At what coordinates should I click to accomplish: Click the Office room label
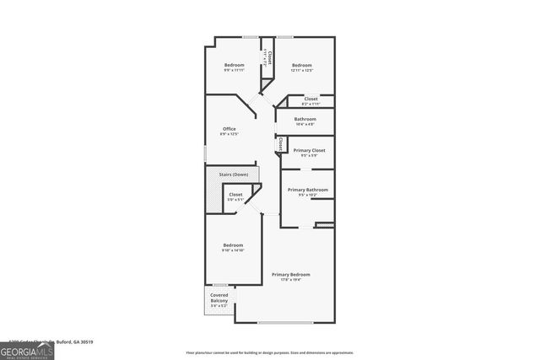[228, 128]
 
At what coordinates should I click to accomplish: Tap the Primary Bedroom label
[290, 275]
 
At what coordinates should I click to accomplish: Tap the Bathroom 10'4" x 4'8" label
[305, 119]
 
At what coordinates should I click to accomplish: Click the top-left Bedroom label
[234, 65]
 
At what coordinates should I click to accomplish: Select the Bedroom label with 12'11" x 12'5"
[301, 65]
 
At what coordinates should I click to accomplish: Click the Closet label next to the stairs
[235, 195]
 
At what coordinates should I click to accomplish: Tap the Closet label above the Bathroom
[310, 99]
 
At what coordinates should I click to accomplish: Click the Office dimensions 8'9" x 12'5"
[228, 134]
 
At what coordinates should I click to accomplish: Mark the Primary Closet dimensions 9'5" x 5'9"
[305, 155]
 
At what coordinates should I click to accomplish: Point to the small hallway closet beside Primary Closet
[278, 145]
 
